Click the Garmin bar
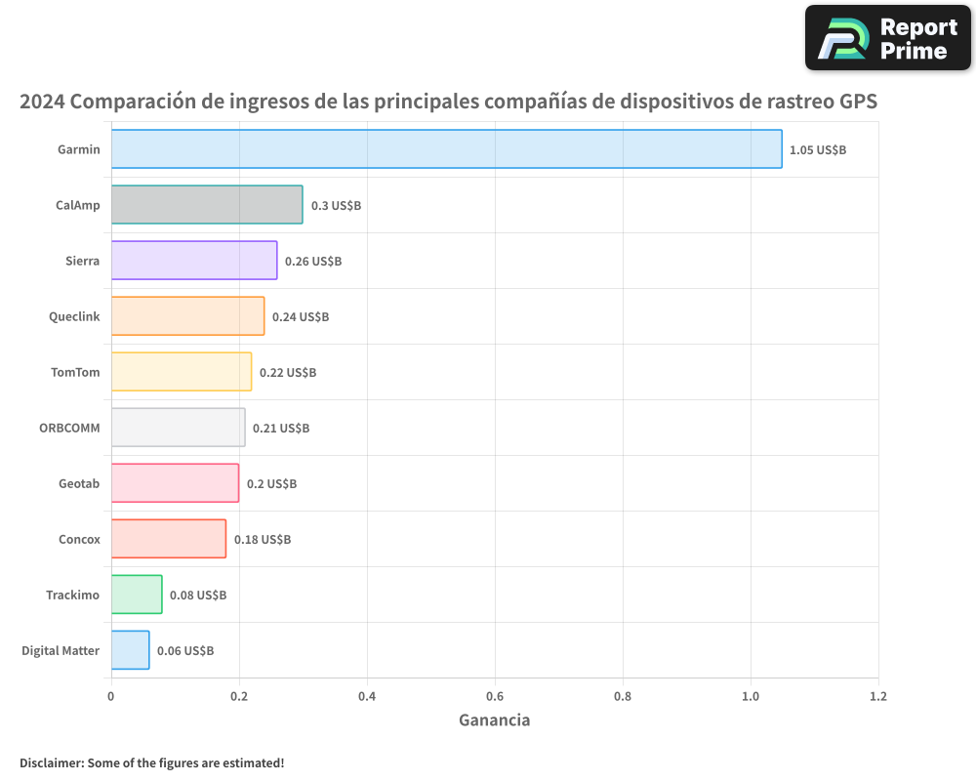(446, 149)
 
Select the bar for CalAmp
(207, 205)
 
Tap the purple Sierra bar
(194, 261)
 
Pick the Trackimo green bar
(137, 595)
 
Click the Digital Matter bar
(130, 650)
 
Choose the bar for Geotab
(175, 483)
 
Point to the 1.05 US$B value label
(818, 150)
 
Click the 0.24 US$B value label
(301, 317)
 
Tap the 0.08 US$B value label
(198, 596)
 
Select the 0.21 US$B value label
(281, 429)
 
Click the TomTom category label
(75, 372)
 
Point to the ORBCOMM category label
(69, 428)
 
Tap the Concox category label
(79, 539)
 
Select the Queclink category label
(74, 316)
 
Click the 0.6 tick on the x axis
(495, 697)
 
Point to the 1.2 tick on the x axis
(878, 697)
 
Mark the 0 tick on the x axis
(111, 697)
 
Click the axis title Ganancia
(494, 720)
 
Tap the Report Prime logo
(888, 38)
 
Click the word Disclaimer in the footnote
(51, 763)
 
